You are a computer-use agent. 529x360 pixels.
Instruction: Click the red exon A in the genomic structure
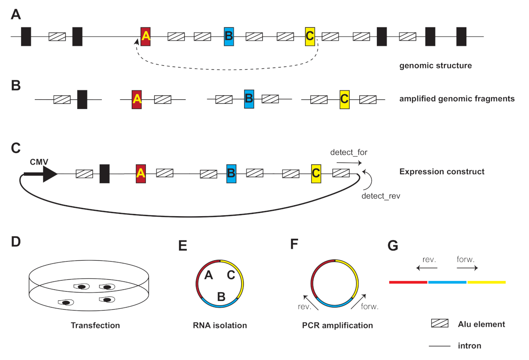point(145,36)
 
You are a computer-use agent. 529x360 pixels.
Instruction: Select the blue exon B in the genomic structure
point(229,36)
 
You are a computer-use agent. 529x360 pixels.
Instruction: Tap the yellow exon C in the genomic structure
point(310,36)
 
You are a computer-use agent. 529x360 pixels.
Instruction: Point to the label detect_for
point(349,152)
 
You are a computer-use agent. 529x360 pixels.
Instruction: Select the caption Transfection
point(95,326)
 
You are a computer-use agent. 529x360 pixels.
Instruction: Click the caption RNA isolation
point(220,326)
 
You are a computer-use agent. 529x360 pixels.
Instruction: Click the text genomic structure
point(436,66)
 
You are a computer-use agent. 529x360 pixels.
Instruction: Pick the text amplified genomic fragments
point(457,99)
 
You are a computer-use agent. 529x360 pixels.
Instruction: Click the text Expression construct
point(442,171)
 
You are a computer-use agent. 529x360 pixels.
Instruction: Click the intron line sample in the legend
point(440,346)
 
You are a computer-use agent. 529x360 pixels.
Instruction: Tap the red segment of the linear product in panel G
point(408,281)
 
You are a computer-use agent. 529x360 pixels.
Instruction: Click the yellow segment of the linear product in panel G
point(486,281)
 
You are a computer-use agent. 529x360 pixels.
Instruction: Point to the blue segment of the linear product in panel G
point(447,281)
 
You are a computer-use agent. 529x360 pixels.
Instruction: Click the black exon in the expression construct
point(104,173)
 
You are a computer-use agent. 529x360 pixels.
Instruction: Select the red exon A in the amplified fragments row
point(137,99)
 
